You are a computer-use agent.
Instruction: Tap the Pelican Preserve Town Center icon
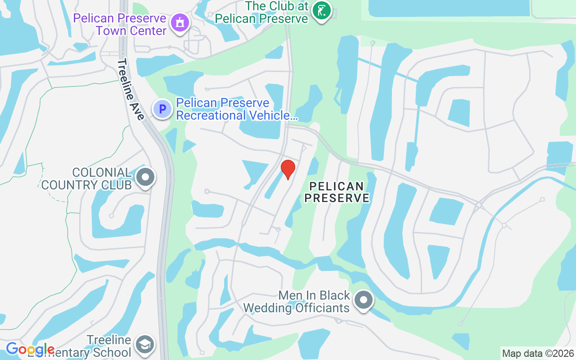[180, 22]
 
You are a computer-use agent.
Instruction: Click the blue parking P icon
[162, 109]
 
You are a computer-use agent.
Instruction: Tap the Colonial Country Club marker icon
[145, 177]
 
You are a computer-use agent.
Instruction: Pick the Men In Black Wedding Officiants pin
[364, 299]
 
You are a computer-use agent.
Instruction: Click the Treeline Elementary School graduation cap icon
[145, 345]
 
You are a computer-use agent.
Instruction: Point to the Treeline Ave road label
[131, 90]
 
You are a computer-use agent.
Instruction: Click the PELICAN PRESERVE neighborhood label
[337, 192]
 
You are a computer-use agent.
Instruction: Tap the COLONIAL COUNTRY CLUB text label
[86, 179]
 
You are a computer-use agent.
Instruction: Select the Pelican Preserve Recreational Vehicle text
[237, 109]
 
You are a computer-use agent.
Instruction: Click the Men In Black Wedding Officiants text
[297, 301]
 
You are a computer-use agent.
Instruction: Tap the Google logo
[30, 349]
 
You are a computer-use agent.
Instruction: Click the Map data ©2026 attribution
[538, 353]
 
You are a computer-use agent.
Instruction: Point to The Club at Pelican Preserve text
[261, 13]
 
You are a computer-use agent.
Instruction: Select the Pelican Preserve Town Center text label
[120, 25]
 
